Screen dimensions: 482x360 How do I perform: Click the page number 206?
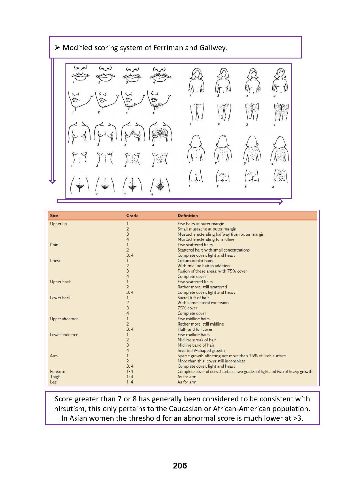point(180,466)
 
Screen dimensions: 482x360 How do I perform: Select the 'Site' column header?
point(54,216)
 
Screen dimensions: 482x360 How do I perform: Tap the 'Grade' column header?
point(132,216)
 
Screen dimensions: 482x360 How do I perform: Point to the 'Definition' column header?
point(188,216)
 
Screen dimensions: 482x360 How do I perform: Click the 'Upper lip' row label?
point(58,224)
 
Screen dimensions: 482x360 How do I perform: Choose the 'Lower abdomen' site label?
point(64,334)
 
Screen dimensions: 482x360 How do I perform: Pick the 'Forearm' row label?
point(58,371)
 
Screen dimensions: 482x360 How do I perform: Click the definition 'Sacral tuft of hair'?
point(193,298)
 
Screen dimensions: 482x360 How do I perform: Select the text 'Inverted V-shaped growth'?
point(201,350)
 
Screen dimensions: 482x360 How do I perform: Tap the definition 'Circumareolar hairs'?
point(195,260)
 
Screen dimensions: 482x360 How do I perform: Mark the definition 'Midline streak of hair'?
point(197,340)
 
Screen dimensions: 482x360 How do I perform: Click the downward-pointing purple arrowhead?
point(52,181)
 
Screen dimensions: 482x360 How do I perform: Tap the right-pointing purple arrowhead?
point(280,201)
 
